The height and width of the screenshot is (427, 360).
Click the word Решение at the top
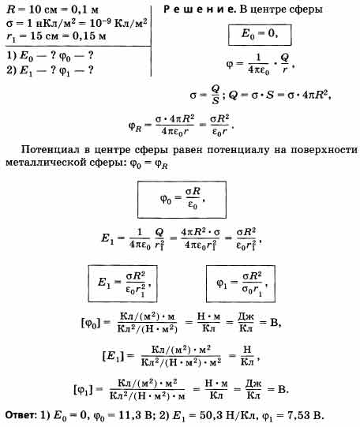tap(200, 9)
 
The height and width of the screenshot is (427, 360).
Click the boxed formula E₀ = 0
tap(260, 36)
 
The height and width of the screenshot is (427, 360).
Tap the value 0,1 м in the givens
tap(84, 9)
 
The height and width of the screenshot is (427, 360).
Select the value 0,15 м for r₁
tap(89, 36)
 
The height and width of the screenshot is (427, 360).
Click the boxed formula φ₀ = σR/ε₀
tap(182, 200)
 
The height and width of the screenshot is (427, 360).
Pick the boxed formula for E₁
tap(122, 284)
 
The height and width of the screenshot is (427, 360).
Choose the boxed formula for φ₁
tap(241, 284)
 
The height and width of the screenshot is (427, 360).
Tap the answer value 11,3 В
tap(134, 416)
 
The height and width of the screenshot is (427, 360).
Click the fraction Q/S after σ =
tap(215, 94)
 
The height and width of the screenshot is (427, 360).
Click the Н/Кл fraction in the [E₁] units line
tap(247, 355)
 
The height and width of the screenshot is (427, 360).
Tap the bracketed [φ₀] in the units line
tap(91, 324)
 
